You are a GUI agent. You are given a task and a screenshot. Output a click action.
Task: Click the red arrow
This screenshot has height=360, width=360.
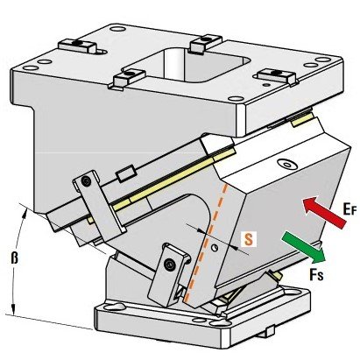(324, 212)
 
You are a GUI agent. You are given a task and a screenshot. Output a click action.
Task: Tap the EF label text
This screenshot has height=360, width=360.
(349, 209)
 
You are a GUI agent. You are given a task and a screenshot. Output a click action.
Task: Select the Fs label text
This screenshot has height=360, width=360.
(317, 274)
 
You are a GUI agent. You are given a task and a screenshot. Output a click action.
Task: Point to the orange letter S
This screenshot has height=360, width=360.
(248, 239)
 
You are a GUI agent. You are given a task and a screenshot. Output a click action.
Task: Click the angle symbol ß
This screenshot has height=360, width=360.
(14, 258)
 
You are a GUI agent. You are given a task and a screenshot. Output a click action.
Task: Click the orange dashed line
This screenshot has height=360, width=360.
(206, 243)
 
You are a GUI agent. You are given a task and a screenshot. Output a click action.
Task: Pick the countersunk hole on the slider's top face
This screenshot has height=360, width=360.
(287, 164)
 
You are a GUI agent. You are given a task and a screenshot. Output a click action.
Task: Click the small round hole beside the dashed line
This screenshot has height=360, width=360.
(215, 248)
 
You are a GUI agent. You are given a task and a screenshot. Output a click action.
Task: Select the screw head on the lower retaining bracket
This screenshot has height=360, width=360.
(170, 265)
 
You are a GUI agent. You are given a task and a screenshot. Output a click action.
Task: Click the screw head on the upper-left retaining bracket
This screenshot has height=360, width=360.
(86, 181)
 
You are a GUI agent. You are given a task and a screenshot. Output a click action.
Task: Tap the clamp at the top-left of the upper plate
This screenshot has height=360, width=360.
(78, 46)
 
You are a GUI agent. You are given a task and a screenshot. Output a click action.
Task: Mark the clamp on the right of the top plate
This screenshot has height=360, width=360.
(276, 75)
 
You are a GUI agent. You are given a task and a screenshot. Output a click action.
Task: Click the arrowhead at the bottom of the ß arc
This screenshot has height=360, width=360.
(13, 309)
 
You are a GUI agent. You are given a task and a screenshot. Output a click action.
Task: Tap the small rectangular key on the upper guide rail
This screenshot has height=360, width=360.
(126, 173)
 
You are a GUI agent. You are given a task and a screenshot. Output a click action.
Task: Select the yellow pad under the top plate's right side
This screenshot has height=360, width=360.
(302, 120)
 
